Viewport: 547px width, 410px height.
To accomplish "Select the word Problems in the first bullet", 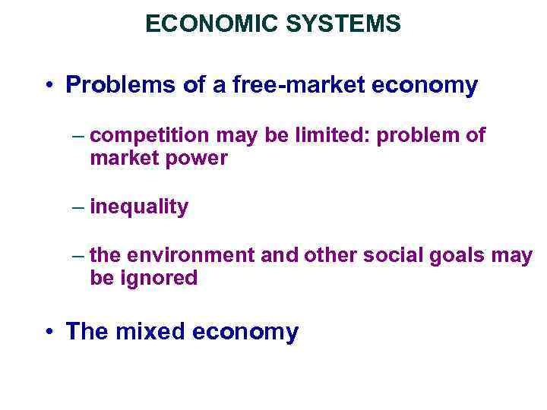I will pyautogui.click(x=122, y=86).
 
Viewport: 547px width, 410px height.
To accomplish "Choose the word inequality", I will pyautogui.click(x=139, y=207).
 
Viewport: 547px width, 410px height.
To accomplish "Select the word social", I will pyautogui.click(x=387, y=256).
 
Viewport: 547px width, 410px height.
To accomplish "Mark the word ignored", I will pyautogui.click(x=157, y=279).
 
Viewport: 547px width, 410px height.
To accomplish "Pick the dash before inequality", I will pyautogui.click(x=79, y=207).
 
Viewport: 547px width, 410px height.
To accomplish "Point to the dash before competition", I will pyautogui.click(x=79, y=136).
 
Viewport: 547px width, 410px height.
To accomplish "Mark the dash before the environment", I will pyautogui.click(x=79, y=256).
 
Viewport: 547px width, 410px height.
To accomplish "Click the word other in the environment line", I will pyautogui.click(x=330, y=256).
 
